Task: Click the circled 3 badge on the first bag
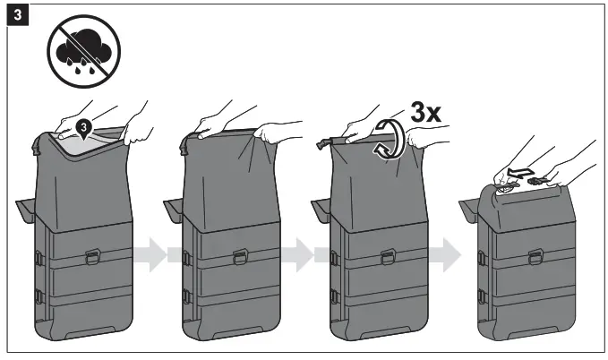point(82,128)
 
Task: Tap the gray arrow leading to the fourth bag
point(442,255)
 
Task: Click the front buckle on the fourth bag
point(535,258)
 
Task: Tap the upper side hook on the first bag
point(38,259)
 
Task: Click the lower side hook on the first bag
point(38,295)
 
